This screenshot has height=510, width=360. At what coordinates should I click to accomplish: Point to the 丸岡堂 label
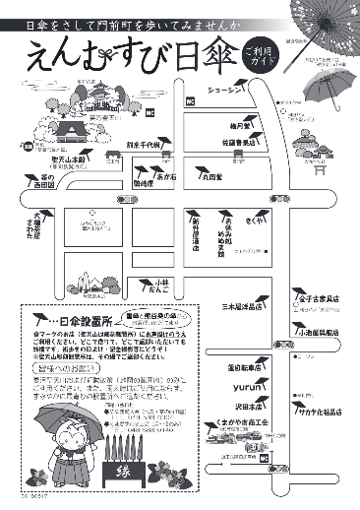(x=214, y=178)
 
